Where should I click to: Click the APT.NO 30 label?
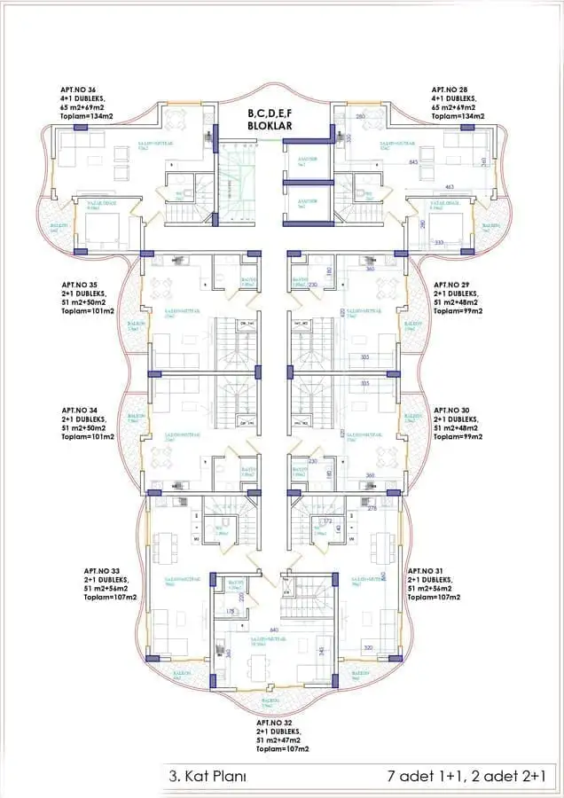[x=454, y=411]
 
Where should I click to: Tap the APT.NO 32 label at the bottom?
[x=278, y=723]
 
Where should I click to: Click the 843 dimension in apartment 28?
[x=413, y=162]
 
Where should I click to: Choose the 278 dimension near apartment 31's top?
[x=372, y=508]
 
